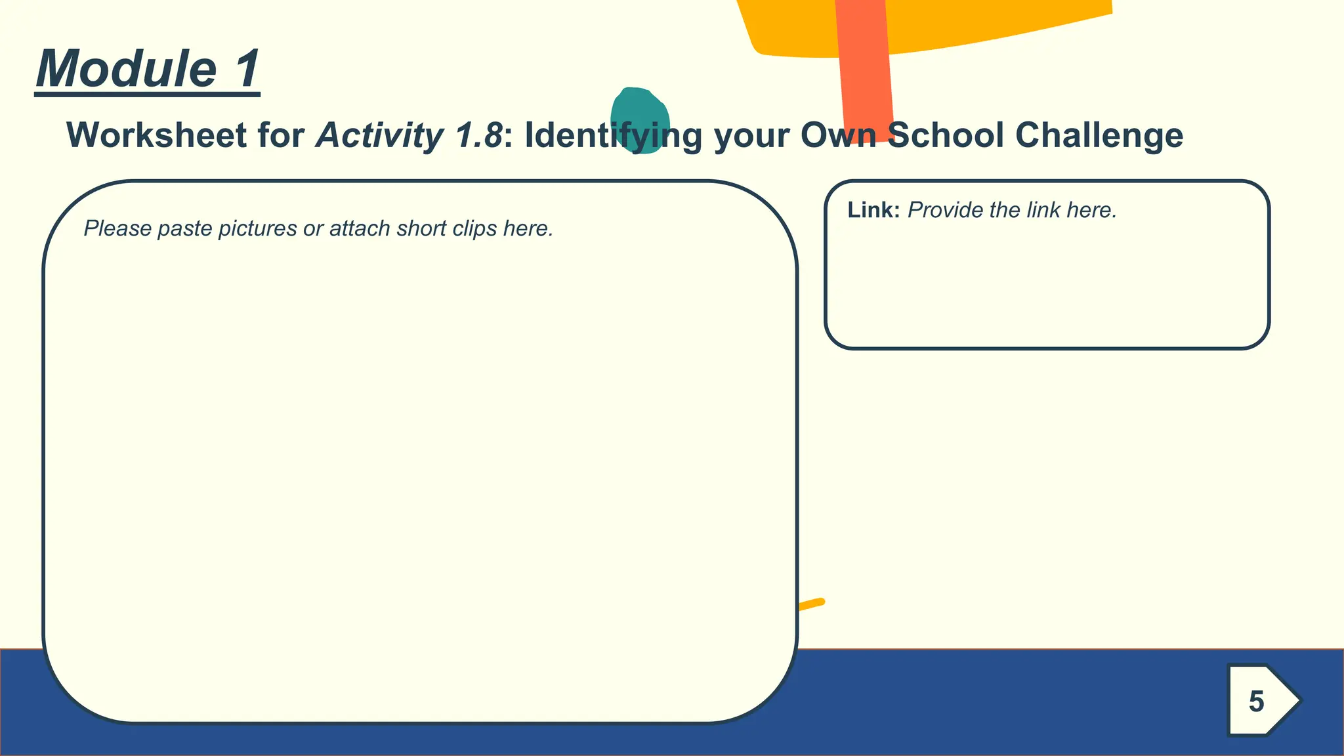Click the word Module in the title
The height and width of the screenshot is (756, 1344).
(126, 69)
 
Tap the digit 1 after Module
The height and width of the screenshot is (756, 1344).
(247, 69)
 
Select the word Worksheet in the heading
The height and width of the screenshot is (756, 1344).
(157, 136)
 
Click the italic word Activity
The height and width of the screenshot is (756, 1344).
(380, 136)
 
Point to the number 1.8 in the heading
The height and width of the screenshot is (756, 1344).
(478, 136)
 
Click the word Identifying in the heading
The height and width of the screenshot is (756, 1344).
(613, 136)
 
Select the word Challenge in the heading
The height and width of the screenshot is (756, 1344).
(1099, 136)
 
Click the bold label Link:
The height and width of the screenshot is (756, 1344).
(873, 211)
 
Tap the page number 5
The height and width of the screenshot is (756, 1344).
(1256, 702)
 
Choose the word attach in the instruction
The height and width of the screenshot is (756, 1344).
(360, 229)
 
